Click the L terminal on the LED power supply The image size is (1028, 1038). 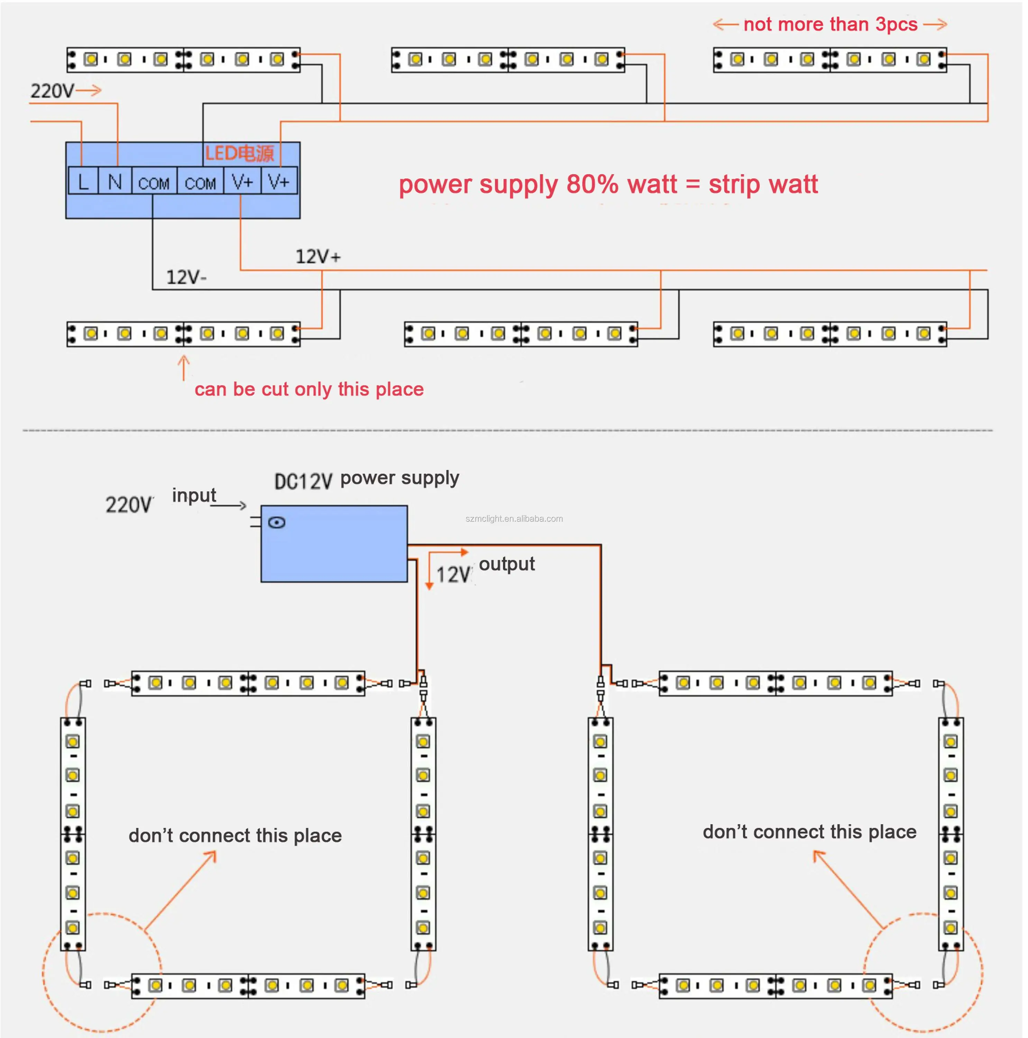[83, 182]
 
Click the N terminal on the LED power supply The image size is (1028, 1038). [115, 182]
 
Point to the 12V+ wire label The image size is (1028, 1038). [318, 257]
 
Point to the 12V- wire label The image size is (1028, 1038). [186, 277]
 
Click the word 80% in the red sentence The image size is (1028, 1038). [592, 185]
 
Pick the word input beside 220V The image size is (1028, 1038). [194, 495]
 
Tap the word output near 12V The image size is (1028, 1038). [506, 564]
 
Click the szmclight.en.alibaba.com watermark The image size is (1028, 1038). [514, 518]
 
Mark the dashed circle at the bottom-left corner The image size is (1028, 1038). [102, 973]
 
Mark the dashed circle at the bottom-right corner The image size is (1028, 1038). [923, 973]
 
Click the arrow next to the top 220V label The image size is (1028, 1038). [89, 90]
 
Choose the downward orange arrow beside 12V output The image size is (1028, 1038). [429, 572]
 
